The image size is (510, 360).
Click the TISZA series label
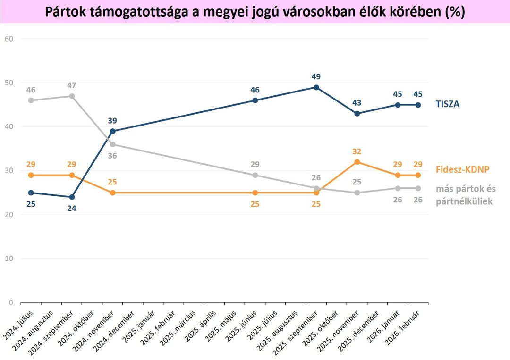(x=447, y=104)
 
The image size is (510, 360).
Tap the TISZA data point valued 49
(x=316, y=87)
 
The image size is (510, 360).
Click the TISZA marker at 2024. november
(x=112, y=131)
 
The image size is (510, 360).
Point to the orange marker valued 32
(x=357, y=162)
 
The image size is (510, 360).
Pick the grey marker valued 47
(x=72, y=96)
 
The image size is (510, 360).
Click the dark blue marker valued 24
(x=72, y=197)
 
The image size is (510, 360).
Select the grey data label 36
(x=112, y=155)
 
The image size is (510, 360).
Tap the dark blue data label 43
(x=357, y=103)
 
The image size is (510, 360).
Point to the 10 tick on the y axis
(x=9, y=259)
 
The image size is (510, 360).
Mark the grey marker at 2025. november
(x=357, y=193)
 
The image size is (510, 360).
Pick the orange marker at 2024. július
(x=31, y=175)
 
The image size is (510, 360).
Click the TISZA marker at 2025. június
(x=255, y=100)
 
